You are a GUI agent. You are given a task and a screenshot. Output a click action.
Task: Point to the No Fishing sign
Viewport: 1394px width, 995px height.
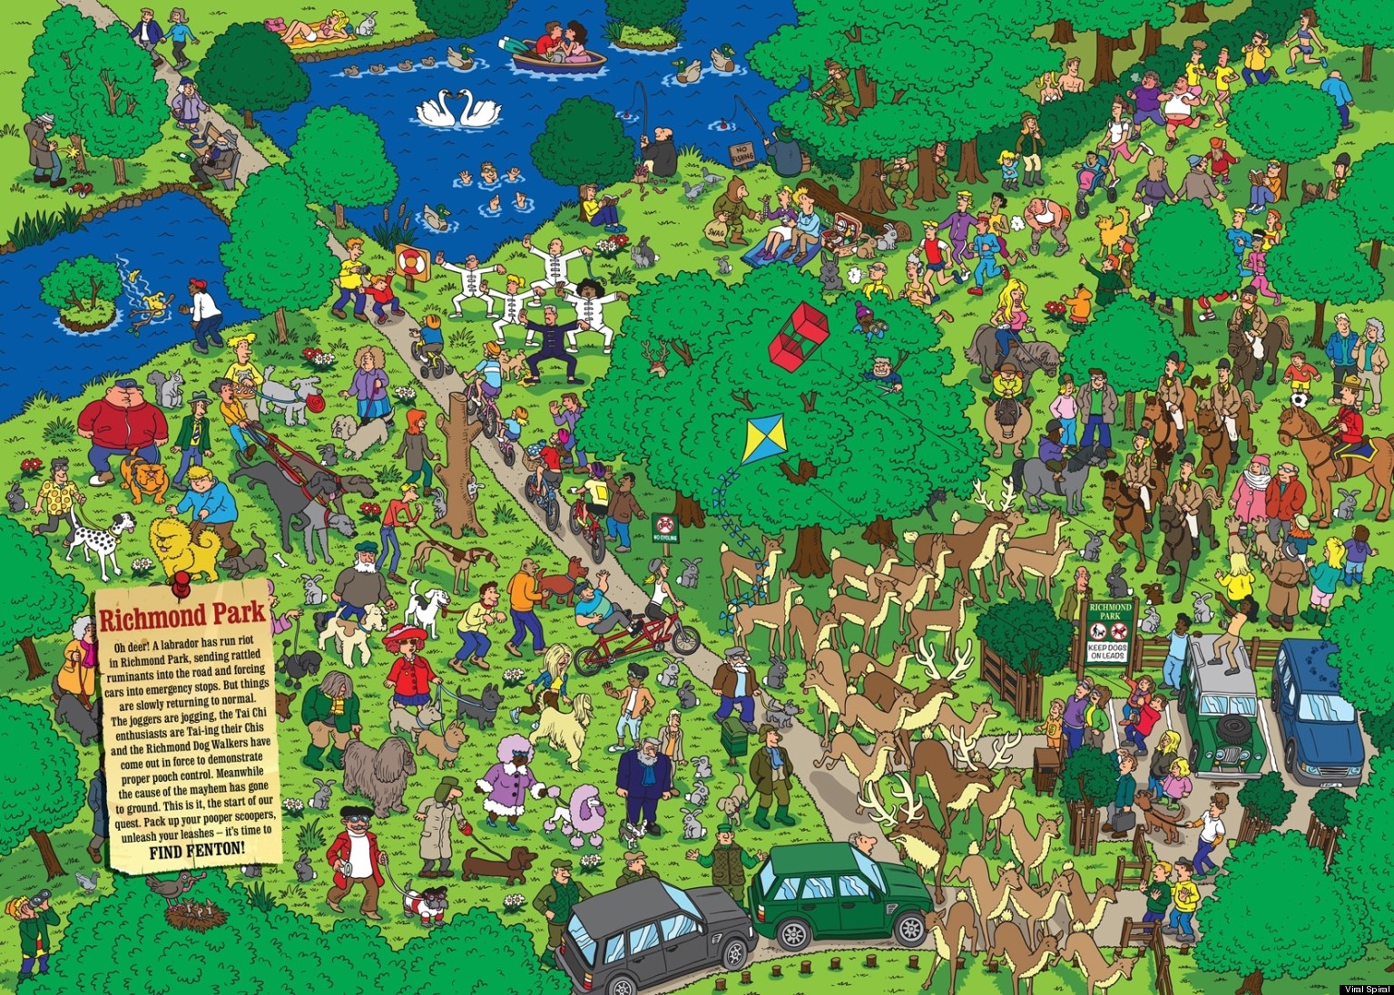coord(741,152)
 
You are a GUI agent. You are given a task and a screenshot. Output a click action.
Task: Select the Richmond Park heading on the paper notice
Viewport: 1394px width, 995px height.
coord(182,617)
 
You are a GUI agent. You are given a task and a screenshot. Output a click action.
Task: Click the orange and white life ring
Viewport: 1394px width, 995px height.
coord(411,261)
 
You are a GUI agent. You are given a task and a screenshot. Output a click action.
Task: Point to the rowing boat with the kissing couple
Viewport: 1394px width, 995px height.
coord(558,56)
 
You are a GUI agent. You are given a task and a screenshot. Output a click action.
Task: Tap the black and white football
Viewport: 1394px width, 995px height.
coord(1300,399)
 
